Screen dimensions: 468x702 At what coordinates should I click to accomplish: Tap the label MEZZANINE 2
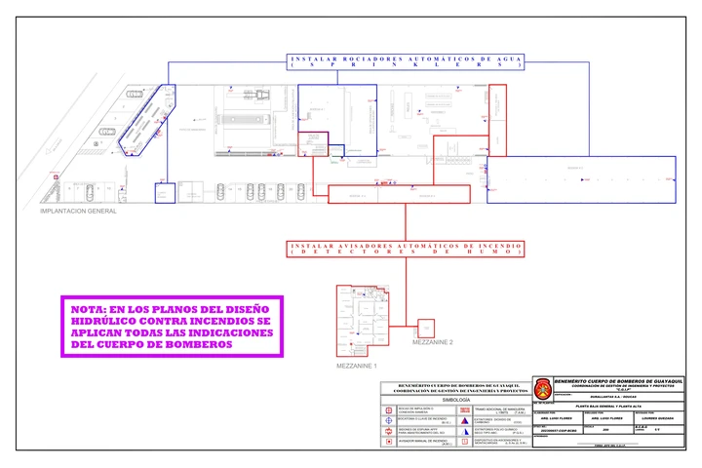pos(433,343)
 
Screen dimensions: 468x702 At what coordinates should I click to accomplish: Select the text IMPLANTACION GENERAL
pos(77,211)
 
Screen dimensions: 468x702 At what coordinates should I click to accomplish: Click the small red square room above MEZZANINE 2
pos(426,327)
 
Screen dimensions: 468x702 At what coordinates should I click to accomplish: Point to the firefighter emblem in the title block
pos(542,388)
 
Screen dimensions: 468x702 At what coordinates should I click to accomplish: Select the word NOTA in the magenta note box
pos(91,309)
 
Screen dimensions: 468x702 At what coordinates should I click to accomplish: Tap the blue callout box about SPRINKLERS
pos(406,61)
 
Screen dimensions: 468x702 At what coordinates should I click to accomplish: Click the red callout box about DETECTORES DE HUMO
pos(406,248)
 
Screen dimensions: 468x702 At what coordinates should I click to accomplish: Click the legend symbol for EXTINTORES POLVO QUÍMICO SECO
pos(464,429)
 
